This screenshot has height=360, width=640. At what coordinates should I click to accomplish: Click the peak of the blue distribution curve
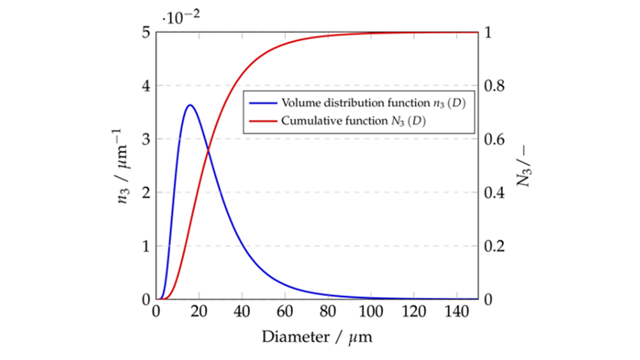190,105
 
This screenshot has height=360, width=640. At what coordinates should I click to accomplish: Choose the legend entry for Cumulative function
353,121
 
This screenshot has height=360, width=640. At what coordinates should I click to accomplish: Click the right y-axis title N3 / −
523,166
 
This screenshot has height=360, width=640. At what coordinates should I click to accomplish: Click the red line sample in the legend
263,121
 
